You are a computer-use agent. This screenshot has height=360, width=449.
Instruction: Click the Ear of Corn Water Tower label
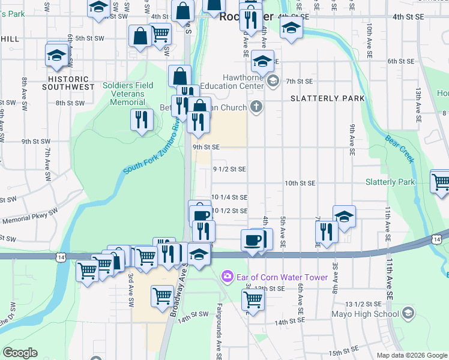(282, 277)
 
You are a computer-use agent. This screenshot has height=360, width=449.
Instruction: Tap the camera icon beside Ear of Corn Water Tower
(228, 277)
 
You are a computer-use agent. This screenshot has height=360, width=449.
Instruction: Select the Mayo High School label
(366, 314)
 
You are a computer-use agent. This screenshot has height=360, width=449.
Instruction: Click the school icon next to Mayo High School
(408, 313)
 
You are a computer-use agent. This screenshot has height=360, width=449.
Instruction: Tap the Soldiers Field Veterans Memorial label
(127, 94)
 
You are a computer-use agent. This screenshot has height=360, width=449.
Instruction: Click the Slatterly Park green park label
(390, 182)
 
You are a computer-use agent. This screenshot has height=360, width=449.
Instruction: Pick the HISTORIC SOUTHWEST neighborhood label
(68, 83)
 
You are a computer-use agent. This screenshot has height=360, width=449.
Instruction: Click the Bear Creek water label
(400, 149)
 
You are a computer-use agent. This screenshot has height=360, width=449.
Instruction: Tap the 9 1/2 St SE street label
(230, 169)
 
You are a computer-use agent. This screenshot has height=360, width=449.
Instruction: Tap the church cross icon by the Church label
(256, 107)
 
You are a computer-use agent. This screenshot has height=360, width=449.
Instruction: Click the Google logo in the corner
(20, 353)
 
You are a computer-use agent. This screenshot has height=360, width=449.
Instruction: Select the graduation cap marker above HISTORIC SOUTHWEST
(56, 55)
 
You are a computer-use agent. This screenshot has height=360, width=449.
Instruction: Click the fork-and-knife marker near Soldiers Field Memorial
(142, 119)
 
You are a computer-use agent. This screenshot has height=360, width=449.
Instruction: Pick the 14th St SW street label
(193, 314)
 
